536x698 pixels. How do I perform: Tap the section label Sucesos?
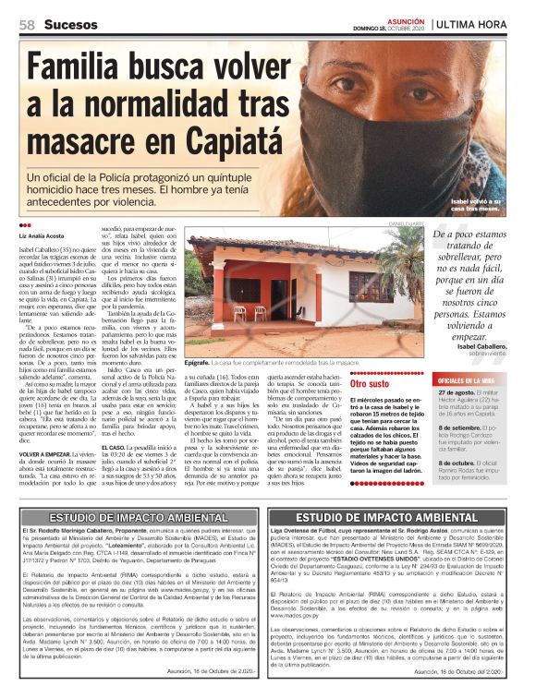[71, 24]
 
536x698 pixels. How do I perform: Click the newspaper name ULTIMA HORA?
[494, 23]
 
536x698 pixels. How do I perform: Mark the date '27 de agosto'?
[458, 391]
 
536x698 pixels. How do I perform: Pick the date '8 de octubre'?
[458, 463]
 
